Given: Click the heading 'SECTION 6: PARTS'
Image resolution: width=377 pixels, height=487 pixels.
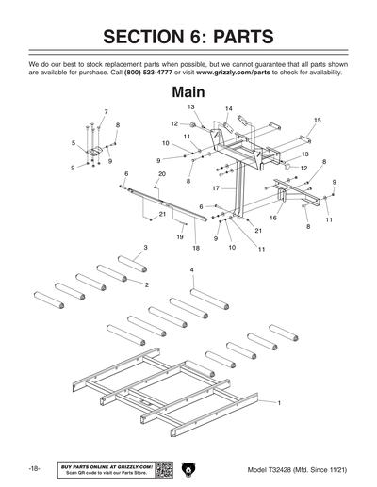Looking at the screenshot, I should (188, 37).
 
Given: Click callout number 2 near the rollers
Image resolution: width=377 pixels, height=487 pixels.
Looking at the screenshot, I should (146, 284).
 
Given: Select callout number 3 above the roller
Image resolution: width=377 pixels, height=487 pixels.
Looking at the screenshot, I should (145, 247).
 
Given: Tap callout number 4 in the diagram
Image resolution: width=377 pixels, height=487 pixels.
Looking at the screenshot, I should (192, 269).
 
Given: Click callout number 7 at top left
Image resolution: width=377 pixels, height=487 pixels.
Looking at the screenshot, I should (105, 112).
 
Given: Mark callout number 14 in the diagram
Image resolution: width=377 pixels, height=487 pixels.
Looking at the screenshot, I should (228, 109).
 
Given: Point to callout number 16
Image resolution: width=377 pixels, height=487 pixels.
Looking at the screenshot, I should (272, 218).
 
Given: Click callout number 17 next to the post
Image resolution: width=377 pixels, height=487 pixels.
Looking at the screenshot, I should (216, 188).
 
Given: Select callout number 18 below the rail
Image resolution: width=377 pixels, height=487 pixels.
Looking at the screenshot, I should (196, 247).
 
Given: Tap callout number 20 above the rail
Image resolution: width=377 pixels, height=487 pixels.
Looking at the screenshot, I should (161, 174).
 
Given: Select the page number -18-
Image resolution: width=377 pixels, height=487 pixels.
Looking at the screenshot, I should (33, 468).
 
